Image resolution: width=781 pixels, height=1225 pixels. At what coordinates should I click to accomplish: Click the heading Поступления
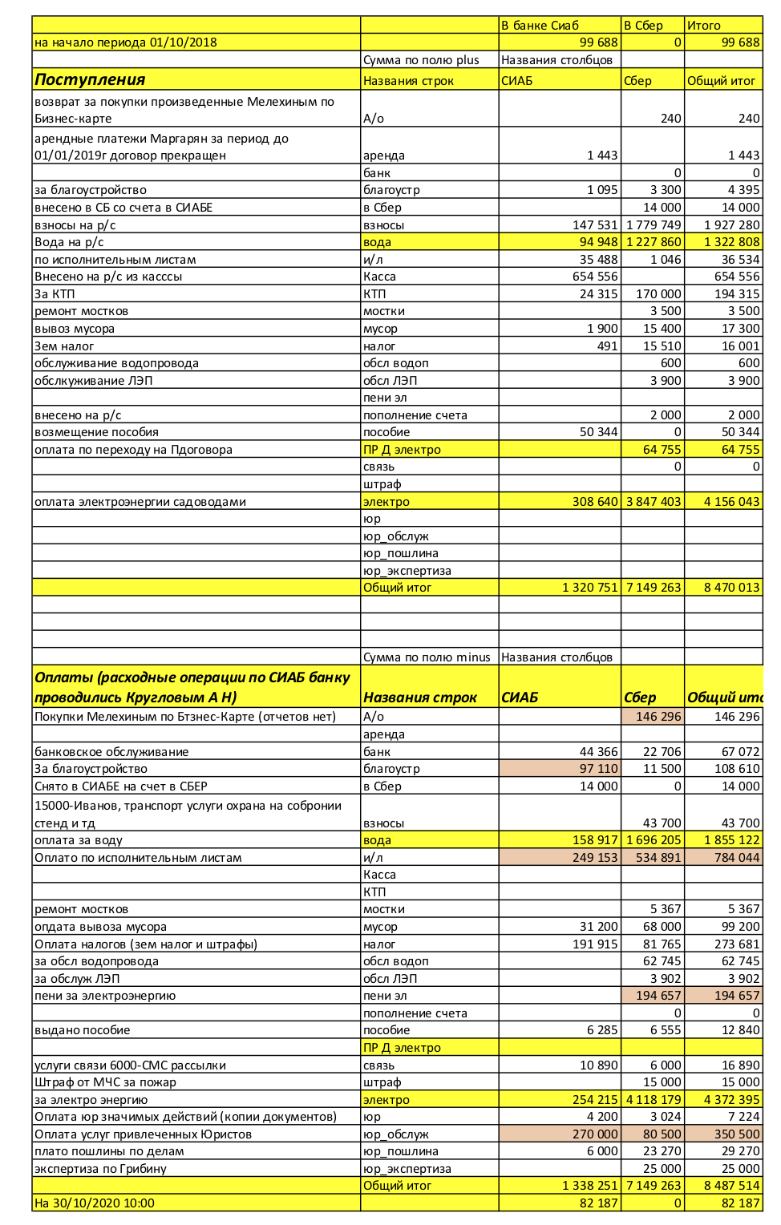pos(90,79)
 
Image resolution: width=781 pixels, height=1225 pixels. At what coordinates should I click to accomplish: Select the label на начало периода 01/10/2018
pos(125,42)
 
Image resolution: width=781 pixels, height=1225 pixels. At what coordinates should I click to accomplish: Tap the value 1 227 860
pos(654,242)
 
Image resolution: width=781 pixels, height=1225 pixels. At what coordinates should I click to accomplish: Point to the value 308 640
pos(595,502)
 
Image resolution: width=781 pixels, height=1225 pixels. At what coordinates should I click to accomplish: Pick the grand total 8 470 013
pos(731,588)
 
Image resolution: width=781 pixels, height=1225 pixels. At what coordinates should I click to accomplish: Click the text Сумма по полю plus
pos(421,60)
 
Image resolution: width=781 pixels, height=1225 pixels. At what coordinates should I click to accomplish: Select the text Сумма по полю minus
pos(427,657)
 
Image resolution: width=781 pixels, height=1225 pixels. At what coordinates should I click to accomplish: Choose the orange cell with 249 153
pos(595,858)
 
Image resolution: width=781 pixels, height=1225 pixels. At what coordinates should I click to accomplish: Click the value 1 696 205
pos(654,840)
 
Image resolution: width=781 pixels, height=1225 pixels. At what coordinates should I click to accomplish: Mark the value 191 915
pos(595,944)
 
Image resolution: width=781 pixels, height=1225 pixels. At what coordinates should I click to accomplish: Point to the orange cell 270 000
pos(595,1134)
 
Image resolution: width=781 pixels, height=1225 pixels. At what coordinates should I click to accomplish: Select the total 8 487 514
pos(731,1186)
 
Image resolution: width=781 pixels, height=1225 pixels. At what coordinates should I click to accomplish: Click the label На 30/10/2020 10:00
pos(95,1203)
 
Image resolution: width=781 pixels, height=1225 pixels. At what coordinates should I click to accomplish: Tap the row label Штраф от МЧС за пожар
pos(105,1082)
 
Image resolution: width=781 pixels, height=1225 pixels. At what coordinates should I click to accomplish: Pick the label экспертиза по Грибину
pos(100,1169)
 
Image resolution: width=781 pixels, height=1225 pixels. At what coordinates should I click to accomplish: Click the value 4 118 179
pos(654,1100)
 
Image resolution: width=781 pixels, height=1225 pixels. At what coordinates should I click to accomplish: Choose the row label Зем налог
pos(64,346)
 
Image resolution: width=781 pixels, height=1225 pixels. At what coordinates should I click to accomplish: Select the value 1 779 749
pos(654,225)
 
